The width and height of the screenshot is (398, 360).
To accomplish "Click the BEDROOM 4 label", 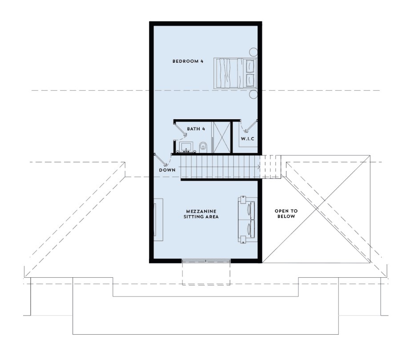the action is (188, 61).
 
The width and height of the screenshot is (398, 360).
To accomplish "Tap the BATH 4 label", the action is (196, 129).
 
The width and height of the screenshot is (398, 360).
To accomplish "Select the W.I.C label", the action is (248, 139).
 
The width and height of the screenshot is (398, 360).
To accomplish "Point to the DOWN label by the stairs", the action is (167, 170).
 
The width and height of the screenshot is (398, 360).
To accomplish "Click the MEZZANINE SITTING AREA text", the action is (201, 214).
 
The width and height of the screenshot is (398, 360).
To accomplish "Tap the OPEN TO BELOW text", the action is (286, 214).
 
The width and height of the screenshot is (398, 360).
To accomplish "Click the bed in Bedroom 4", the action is (235, 73).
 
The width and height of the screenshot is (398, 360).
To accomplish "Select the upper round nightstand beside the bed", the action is (253, 52).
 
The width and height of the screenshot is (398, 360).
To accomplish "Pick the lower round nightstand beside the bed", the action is (253, 94).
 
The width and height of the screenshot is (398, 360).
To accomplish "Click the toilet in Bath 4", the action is (203, 148).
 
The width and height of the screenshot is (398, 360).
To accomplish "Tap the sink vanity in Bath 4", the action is (187, 147).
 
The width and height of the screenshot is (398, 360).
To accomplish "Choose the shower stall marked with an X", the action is (222, 137).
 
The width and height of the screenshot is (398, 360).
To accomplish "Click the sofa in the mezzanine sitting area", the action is (248, 220).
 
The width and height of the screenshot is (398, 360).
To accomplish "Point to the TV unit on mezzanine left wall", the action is (158, 219).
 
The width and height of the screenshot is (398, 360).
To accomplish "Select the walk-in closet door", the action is (250, 126).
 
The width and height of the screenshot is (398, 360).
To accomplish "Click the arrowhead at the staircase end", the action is (259, 167).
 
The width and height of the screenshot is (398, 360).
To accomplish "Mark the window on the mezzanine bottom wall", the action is (206, 260).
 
